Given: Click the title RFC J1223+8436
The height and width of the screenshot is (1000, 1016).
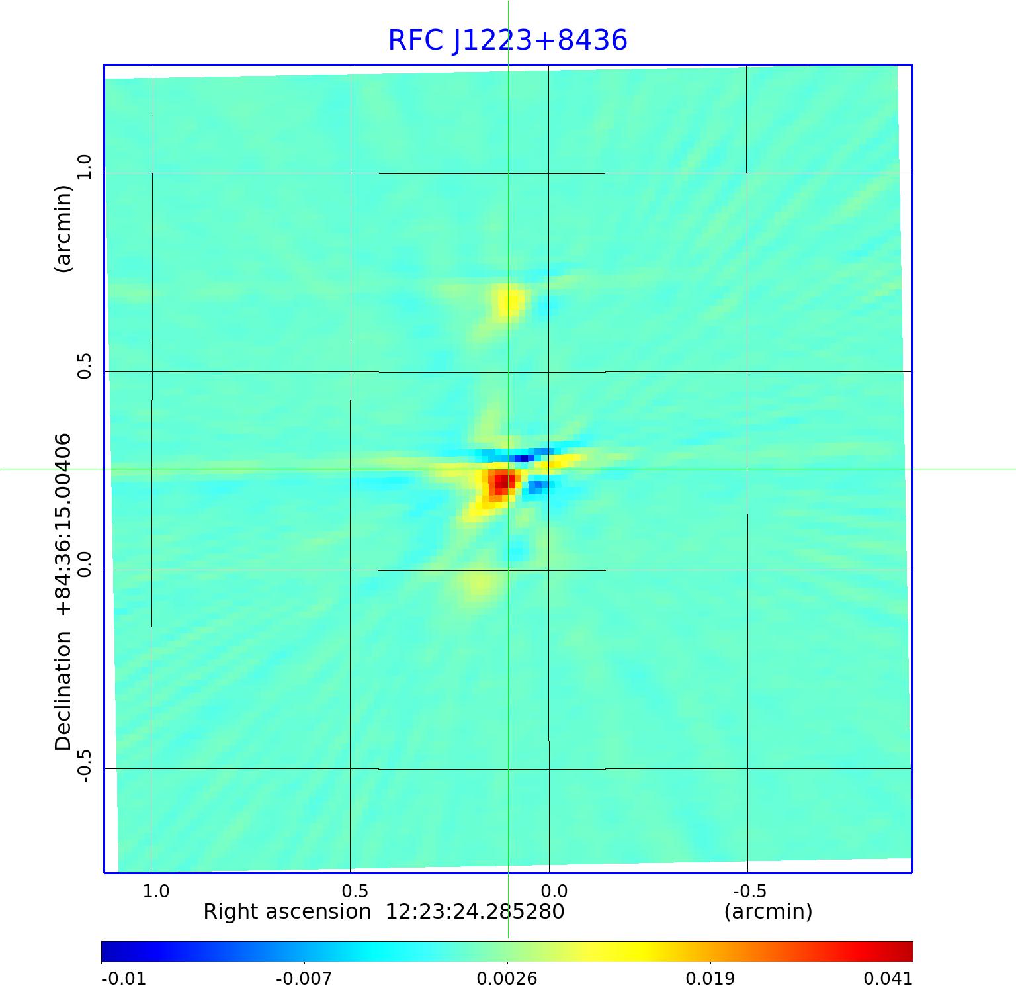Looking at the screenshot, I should tap(507, 40).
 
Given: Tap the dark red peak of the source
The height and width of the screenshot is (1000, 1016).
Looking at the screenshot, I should tap(502, 481).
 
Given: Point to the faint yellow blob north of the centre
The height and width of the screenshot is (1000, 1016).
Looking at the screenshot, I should tap(509, 302).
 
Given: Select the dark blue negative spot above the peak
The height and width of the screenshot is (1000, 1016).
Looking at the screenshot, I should tap(525, 457).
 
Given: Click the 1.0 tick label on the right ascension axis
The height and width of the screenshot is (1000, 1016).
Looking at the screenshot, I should tap(156, 891).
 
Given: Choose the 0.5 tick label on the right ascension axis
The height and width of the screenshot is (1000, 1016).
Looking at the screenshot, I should tap(355, 891).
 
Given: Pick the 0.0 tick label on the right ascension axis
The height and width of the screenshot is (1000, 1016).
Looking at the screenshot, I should tap(554, 891).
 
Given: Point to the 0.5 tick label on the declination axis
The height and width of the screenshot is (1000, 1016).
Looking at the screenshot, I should tap(84, 365).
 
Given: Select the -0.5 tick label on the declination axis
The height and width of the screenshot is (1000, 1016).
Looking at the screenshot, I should tap(84, 766).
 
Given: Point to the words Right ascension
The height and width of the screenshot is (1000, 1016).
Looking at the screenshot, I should tap(287, 912).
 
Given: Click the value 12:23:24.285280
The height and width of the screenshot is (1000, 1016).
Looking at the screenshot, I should tap(474, 912).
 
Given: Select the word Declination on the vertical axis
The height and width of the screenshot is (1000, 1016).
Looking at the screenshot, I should tap(63, 691).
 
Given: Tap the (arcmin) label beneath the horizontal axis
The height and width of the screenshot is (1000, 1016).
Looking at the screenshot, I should tap(768, 912).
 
